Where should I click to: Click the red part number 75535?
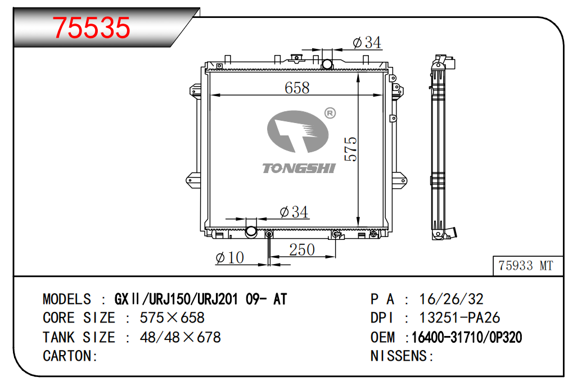coord(91,28)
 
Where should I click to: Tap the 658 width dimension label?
coord(297,88)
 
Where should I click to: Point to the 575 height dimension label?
coord(351,149)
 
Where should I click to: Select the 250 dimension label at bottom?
coord(302,250)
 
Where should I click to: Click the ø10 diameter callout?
coord(230,258)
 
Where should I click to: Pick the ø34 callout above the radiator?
coord(367,43)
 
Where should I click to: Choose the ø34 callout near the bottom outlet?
coord(294,212)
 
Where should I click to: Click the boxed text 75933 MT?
coord(526,266)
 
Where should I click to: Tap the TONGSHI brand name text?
coord(299,169)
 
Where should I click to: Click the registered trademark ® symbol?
coord(330,113)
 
